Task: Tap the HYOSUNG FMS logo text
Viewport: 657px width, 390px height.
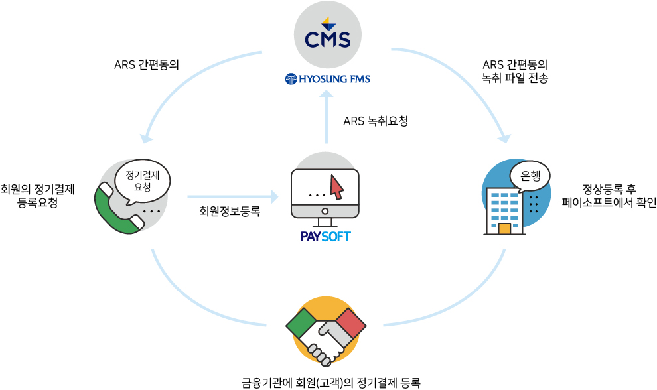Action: (x=328, y=79)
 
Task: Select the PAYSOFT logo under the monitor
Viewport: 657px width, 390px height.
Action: (x=326, y=237)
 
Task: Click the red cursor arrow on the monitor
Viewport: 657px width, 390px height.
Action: (x=336, y=187)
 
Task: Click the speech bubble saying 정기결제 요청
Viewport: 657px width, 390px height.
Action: (x=143, y=182)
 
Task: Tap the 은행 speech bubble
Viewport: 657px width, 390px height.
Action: (x=530, y=176)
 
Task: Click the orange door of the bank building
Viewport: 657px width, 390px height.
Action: (x=504, y=229)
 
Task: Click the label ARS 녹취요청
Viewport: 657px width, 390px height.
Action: (x=376, y=121)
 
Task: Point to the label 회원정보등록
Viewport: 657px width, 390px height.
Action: (x=230, y=211)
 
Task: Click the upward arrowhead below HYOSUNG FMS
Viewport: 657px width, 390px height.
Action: (x=327, y=94)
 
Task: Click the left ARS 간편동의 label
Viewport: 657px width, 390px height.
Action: (x=147, y=65)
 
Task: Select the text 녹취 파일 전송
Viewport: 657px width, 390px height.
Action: (x=515, y=78)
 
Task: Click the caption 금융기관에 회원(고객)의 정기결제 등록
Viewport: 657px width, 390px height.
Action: (x=331, y=383)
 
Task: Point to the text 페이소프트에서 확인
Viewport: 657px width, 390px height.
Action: (x=609, y=202)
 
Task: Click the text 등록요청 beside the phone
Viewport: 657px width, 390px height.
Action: (x=38, y=203)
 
